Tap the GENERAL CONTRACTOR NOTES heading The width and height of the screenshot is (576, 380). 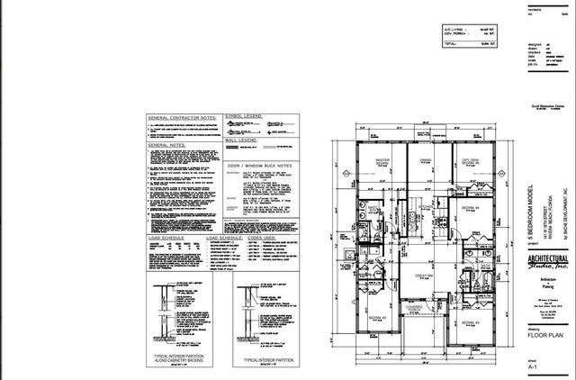182,118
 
